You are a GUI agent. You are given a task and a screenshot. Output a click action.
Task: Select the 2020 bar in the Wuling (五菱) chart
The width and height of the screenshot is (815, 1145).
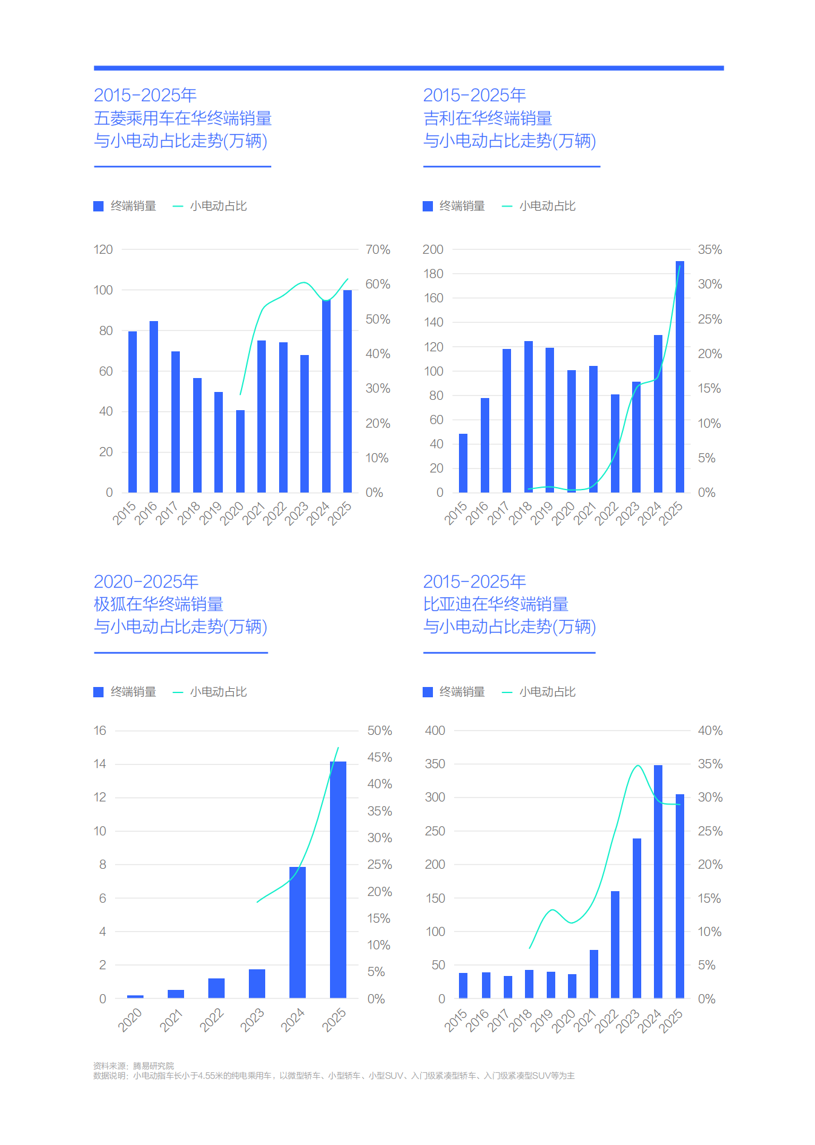[240, 451]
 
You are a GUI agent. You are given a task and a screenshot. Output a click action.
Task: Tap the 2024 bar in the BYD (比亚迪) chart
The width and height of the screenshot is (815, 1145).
[658, 881]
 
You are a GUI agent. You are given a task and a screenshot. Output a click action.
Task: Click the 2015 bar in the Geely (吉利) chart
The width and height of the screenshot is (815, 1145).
[463, 463]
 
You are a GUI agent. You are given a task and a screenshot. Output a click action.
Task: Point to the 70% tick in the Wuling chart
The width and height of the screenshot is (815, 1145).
[378, 250]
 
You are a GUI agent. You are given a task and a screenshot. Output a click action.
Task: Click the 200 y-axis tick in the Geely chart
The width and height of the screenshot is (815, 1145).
[433, 250]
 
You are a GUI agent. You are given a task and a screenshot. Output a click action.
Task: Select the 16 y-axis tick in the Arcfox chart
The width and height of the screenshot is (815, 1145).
[100, 731]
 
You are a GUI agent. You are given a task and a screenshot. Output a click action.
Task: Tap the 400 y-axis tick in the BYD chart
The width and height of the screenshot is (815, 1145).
[435, 731]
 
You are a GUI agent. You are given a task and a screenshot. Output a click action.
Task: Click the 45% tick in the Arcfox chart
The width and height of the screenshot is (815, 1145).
[380, 757]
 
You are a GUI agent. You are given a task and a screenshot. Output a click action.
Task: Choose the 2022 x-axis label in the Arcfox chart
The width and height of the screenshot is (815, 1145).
[212, 1020]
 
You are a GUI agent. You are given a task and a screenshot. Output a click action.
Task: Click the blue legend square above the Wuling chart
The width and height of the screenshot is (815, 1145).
[99, 207]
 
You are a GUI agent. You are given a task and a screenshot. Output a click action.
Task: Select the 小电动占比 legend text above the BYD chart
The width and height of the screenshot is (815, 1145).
[547, 692]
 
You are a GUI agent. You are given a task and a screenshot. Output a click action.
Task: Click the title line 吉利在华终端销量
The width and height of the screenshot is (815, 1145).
[487, 118]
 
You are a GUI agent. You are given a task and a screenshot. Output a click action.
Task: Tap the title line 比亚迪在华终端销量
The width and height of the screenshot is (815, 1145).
[495, 604]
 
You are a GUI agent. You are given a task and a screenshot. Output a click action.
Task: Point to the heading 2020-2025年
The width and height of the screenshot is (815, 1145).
[146, 582]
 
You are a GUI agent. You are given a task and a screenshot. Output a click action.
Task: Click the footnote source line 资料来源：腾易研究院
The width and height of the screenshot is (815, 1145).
[133, 1066]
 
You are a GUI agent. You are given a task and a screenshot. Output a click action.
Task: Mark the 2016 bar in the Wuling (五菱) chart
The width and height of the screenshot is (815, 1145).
[154, 407]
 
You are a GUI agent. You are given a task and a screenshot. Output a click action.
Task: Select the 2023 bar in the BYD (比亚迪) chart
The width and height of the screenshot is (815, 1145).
[637, 918]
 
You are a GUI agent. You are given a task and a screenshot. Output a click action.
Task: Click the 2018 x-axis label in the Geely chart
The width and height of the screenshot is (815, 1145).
[520, 513]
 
